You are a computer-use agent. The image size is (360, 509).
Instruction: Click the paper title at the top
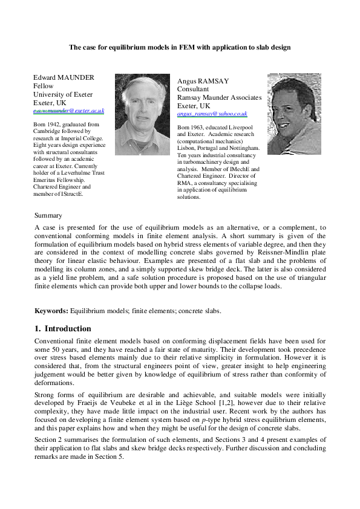coord(180,47)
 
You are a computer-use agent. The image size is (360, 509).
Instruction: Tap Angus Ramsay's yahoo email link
coord(212,114)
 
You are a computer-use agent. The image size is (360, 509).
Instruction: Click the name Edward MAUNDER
coord(64,77)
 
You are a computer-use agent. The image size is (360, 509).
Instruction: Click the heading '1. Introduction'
coord(63,329)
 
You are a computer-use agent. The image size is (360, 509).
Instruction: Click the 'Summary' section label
coord(48,215)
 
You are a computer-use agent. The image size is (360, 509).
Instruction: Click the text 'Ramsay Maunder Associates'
coord(219,97)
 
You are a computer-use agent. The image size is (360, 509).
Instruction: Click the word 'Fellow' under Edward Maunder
coord(43,86)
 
